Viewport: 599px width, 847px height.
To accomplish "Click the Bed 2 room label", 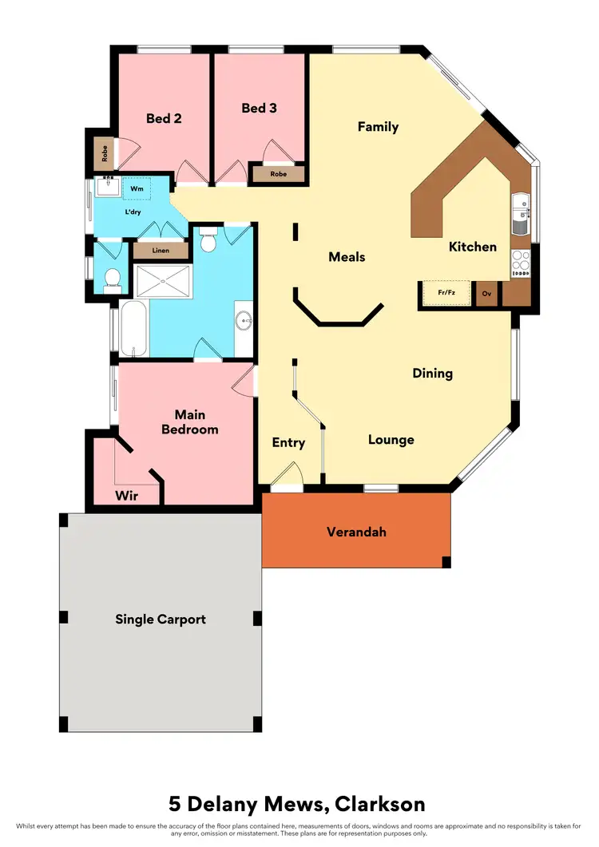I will (164, 118).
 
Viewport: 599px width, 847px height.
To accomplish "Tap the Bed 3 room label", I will (259, 108).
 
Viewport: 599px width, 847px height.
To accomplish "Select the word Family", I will (378, 127).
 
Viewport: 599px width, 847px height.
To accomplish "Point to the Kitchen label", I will (473, 247).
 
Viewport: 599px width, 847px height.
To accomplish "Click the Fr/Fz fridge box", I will (446, 293).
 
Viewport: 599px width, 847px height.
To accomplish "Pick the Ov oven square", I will (486, 294).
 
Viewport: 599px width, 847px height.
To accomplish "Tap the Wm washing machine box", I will (137, 189).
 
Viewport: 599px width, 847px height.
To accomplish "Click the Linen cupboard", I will (161, 251).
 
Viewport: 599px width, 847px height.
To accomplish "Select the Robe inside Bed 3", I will (278, 173).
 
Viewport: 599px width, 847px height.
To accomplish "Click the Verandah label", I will (356, 532).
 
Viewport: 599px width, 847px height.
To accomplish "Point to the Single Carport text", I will (161, 619).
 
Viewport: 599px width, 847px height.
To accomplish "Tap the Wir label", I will (126, 496).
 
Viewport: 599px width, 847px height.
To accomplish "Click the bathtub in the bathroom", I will (133, 328).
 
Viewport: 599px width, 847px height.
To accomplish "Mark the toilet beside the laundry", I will (112, 279).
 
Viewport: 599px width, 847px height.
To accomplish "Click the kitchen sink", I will (520, 214).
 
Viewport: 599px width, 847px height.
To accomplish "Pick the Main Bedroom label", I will (189, 422).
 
